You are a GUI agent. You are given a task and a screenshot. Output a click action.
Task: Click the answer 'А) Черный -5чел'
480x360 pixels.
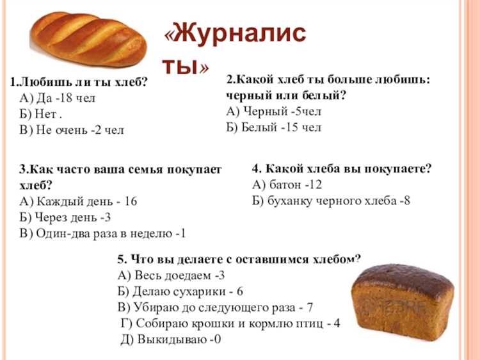pyautogui.click(x=274, y=111)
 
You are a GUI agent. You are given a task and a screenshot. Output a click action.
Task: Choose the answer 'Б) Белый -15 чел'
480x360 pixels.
pyautogui.click(x=274, y=127)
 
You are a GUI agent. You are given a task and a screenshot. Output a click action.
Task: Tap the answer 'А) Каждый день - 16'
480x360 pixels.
pyautogui.click(x=78, y=201)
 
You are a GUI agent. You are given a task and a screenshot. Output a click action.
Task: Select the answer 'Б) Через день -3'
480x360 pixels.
pyautogui.click(x=66, y=217)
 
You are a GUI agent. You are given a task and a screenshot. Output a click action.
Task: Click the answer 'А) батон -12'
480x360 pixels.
pyautogui.click(x=287, y=185)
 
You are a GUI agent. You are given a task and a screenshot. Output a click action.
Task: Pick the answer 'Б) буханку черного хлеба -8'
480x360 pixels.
pyautogui.click(x=332, y=201)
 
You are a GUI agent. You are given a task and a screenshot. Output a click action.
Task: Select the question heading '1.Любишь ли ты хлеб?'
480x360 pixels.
pyautogui.click(x=79, y=82)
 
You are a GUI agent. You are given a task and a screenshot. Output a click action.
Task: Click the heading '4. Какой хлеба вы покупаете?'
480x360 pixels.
pyautogui.click(x=342, y=169)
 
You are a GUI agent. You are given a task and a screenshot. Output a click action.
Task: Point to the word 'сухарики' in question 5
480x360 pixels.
pyautogui.click(x=195, y=291)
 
